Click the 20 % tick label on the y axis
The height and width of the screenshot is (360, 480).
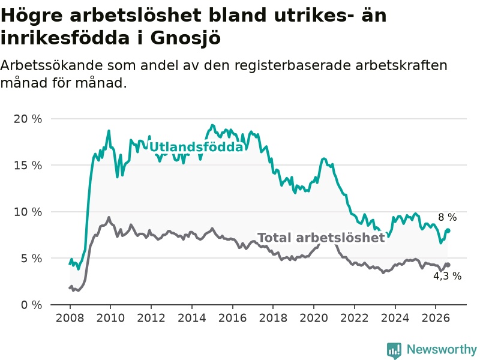[28, 119]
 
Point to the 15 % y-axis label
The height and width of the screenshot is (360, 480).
[28, 166]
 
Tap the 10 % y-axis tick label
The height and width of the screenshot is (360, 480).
[28, 212]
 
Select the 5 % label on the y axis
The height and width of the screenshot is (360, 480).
[31, 259]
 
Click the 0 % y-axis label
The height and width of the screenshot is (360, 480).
[31, 305]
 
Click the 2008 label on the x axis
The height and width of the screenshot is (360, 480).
[70, 318]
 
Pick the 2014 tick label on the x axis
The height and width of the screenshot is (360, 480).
[192, 318]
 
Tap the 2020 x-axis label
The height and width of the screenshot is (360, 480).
[314, 318]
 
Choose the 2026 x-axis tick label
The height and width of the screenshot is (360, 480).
[436, 318]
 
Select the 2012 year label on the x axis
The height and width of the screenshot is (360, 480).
[151, 318]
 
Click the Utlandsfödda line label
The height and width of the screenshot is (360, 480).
[196, 147]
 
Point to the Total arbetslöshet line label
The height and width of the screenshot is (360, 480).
[321, 238]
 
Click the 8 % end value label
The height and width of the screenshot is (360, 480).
[447, 217]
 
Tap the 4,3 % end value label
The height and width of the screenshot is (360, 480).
[447, 276]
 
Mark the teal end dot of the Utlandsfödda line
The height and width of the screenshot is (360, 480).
[448, 230]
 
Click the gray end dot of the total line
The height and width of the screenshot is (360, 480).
[448, 265]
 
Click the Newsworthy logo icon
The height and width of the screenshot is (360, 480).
[394, 350]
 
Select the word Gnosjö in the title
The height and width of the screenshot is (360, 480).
[185, 38]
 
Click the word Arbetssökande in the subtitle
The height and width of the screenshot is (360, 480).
[52, 65]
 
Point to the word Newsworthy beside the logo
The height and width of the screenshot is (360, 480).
[442, 349]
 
